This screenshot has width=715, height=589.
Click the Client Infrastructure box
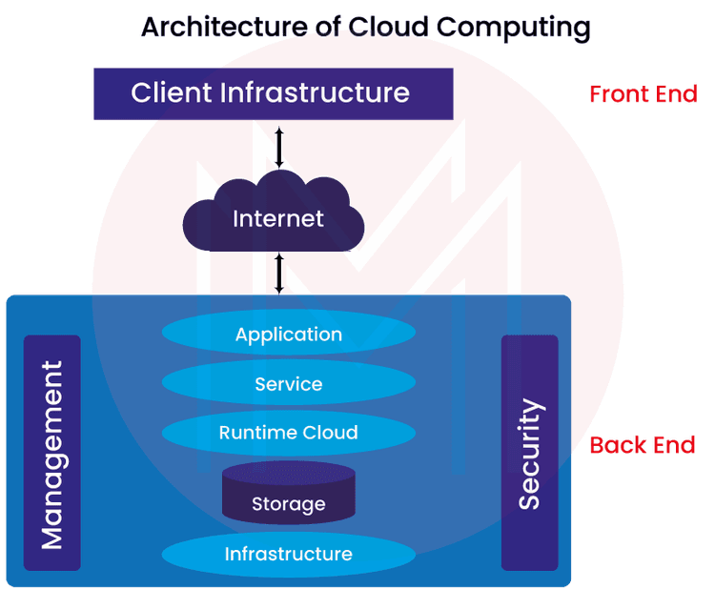point(273,93)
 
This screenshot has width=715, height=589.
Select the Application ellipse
point(288,335)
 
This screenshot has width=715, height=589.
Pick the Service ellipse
point(288,384)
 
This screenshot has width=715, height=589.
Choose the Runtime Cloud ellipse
point(288,433)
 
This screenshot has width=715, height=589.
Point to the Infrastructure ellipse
point(288,554)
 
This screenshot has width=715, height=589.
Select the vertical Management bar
point(52,453)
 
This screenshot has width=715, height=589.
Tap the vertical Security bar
point(530,453)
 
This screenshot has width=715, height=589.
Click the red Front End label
point(643,94)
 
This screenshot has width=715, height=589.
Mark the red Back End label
point(642,445)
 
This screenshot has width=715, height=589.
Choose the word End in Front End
point(676,94)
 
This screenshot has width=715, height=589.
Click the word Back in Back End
point(617,445)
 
